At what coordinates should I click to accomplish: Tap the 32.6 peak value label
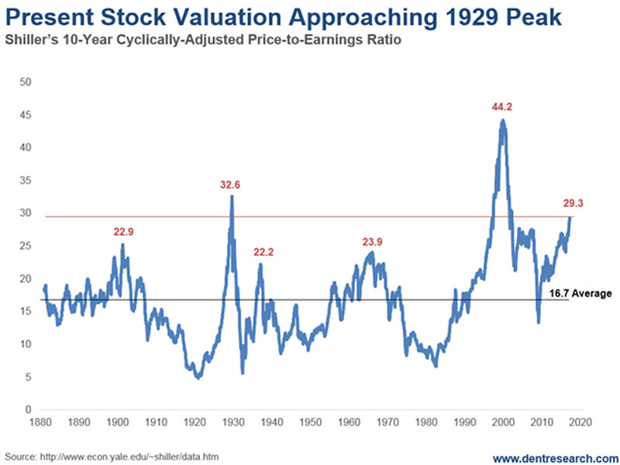231,184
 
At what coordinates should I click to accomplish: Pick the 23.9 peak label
373,242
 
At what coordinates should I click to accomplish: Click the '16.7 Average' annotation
580,294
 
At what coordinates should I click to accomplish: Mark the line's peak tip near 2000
503,120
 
